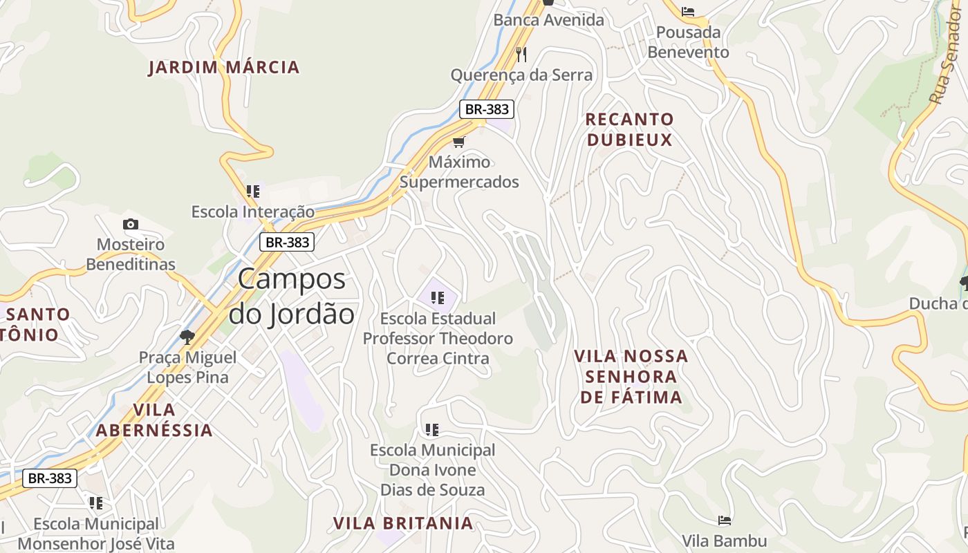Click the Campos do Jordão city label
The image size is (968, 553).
tap(291, 296)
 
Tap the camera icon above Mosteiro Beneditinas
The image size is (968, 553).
tap(130, 224)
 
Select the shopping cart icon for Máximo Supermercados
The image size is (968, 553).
tap(458, 142)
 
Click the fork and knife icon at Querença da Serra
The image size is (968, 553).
tap(521, 54)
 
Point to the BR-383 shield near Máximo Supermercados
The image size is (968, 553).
tap(487, 109)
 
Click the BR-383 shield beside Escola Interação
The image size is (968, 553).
tap(287, 242)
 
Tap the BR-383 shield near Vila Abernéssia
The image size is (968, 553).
tap(49, 478)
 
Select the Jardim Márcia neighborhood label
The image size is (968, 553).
tap(224, 67)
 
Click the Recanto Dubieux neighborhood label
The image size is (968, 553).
tap(629, 129)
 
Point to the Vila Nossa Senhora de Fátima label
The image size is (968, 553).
tap(631, 377)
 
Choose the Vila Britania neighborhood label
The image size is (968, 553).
tap(403, 523)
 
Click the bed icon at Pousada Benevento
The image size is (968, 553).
tap(688, 12)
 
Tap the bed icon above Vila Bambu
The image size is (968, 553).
tap(724, 520)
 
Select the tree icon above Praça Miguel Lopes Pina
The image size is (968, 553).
tap(187, 337)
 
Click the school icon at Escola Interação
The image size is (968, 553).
tap(253, 191)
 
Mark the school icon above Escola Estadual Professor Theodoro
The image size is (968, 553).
tap(437, 298)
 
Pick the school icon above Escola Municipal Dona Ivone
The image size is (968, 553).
tap(432, 430)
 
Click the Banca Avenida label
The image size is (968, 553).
tap(548, 20)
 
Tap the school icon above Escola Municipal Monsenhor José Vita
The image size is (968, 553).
tap(95, 503)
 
